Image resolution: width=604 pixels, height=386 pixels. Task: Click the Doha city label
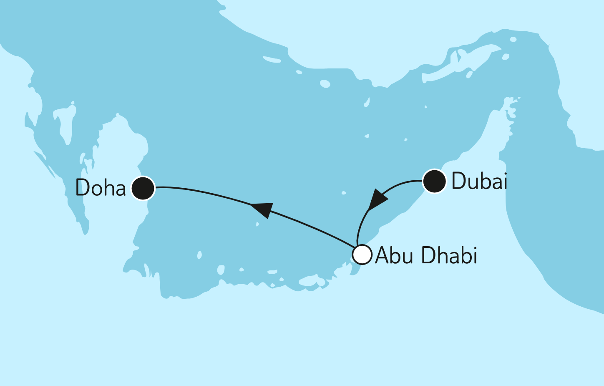101,188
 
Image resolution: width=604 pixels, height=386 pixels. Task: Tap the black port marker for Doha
143,188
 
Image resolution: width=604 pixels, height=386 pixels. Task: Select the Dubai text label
479,181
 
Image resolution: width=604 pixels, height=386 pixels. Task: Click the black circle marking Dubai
434,181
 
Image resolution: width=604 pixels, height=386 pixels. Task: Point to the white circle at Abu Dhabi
362,255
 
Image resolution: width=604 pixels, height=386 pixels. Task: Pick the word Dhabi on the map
449,255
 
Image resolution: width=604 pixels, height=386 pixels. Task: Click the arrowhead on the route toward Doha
262,209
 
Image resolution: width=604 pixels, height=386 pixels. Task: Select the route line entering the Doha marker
175,188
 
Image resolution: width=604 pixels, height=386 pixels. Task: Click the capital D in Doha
83,188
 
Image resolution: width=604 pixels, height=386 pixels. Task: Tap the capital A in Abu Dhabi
383,255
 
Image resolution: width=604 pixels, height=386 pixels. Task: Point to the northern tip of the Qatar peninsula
118,115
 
